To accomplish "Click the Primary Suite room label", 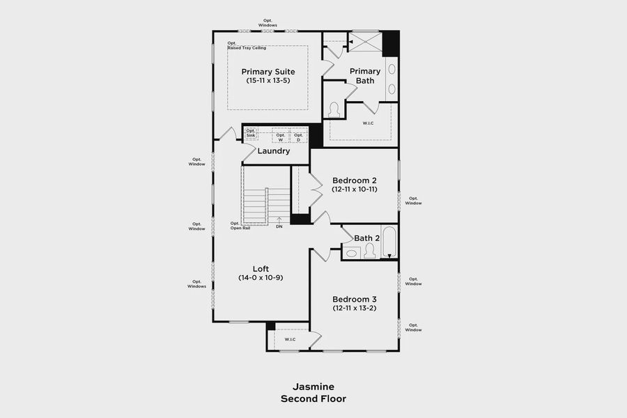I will (268, 72).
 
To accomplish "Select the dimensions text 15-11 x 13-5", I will (268, 81).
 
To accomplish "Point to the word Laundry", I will (273, 151).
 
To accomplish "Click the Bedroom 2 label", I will (355, 180).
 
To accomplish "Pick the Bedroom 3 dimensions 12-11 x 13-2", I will (355, 308).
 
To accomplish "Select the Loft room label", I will (261, 269).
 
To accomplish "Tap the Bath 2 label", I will (366, 238).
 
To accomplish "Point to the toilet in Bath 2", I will (369, 251).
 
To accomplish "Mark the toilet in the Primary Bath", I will (334, 111).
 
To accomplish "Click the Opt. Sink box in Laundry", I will (251, 133).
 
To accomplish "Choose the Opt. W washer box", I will (281, 137).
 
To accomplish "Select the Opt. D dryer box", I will (298, 137).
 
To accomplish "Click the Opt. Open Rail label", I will (240, 226).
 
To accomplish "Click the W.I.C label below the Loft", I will (289, 339).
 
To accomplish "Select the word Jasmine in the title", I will (313, 387).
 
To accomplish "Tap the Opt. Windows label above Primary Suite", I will (268, 23).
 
